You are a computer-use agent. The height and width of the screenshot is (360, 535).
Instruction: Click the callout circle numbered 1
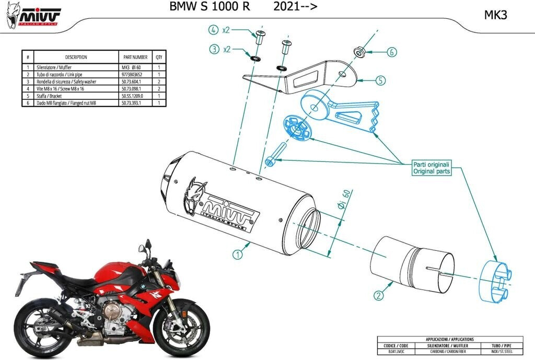coord(238,254)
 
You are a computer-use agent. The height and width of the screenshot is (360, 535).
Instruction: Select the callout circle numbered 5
coord(380,80)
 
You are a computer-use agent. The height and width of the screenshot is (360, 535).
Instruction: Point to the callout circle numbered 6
coord(392,52)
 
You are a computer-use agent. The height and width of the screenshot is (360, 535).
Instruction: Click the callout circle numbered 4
coord(214,29)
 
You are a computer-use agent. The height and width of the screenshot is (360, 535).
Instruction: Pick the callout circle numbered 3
coord(214,50)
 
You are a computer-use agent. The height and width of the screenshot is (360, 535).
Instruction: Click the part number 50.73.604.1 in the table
coord(132,82)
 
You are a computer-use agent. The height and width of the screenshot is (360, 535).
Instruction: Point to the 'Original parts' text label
coord(431,171)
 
